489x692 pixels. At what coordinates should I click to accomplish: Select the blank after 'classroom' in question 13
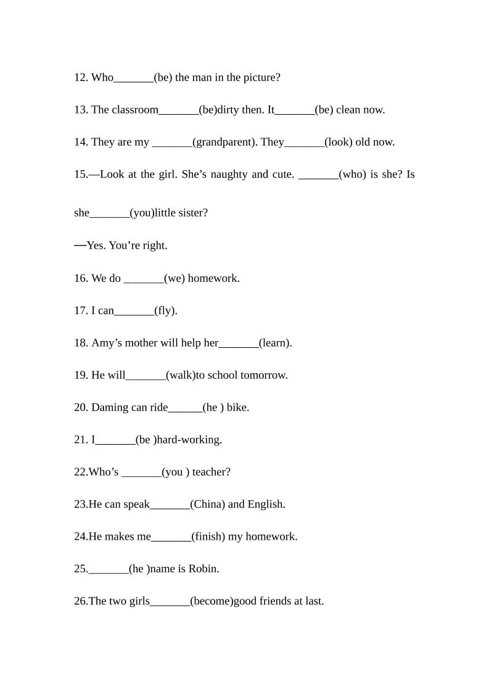point(179,110)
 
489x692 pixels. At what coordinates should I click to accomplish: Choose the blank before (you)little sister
point(110,213)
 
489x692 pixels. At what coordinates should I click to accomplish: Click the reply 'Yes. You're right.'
point(126,245)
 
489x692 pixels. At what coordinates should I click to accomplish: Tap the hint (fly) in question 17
point(166,311)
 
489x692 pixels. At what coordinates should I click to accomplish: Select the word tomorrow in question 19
point(263,375)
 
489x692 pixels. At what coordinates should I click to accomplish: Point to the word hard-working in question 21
point(189,440)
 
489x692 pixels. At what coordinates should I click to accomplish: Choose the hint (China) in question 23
point(208,505)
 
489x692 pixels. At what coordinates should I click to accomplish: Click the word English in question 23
point(266,505)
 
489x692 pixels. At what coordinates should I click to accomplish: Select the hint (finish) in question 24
point(208,537)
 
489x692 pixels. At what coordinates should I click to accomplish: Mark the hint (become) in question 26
point(212,601)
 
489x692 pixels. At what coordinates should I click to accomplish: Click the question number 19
point(81,375)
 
